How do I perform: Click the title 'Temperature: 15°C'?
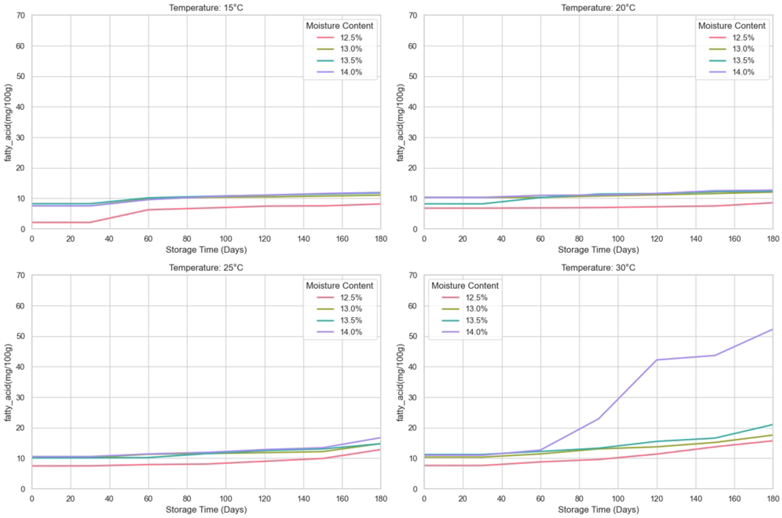click(x=206, y=8)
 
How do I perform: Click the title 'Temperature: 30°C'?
click(x=598, y=268)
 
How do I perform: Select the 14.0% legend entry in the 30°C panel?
click(x=476, y=332)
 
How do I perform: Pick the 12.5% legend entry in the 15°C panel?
click(x=351, y=37)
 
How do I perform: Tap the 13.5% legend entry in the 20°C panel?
click(x=743, y=61)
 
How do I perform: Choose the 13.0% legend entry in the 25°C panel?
click(x=351, y=309)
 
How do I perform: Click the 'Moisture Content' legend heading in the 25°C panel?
click(x=339, y=286)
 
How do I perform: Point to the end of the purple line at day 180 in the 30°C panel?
click(x=772, y=329)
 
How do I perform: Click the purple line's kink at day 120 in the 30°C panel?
click(x=657, y=360)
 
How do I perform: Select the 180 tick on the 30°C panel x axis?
click(x=772, y=499)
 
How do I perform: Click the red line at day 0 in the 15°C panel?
click(x=32, y=222)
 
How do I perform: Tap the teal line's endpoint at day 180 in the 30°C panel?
click(x=772, y=425)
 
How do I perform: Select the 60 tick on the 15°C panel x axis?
click(x=148, y=239)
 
